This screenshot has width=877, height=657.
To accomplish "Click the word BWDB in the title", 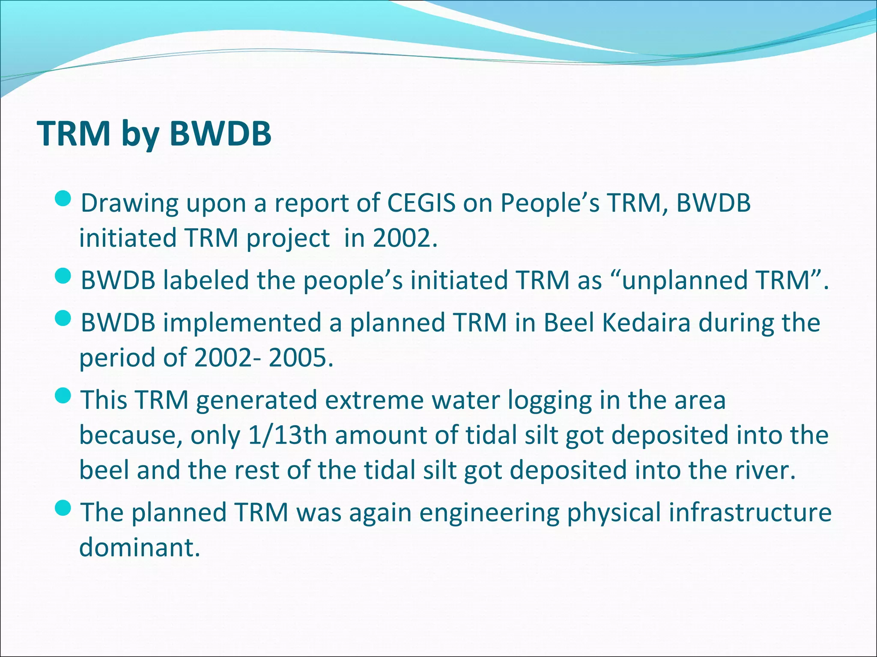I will [220, 133].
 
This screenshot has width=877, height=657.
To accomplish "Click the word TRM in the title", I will [74, 133].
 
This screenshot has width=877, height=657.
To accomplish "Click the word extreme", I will [373, 400].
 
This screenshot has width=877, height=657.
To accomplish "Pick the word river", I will [764, 470].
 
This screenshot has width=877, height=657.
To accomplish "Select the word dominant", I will [140, 547].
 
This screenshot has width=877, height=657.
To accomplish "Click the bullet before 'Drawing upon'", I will [65, 199].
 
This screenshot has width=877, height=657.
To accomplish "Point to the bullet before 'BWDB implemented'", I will [65, 319].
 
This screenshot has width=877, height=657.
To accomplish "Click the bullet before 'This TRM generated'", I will [65, 396].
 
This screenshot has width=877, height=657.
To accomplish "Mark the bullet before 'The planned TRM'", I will [65, 508].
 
